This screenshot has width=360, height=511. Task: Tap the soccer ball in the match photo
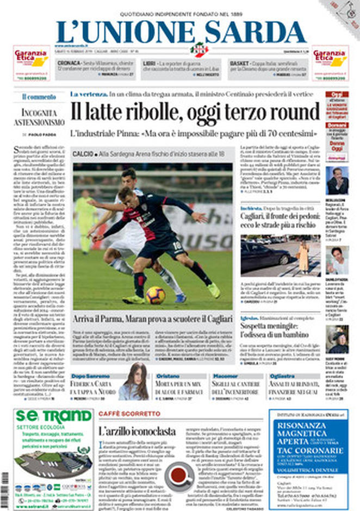click(x=155, y=294)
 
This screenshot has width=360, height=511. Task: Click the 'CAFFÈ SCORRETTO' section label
click(x=129, y=414)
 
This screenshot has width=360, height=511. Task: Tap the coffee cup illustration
click(x=179, y=475)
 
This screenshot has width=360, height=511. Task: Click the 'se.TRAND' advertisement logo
click(x=53, y=417)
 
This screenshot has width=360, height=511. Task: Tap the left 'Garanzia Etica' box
click(x=32, y=63)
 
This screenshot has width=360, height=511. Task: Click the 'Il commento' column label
click(x=39, y=97)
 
